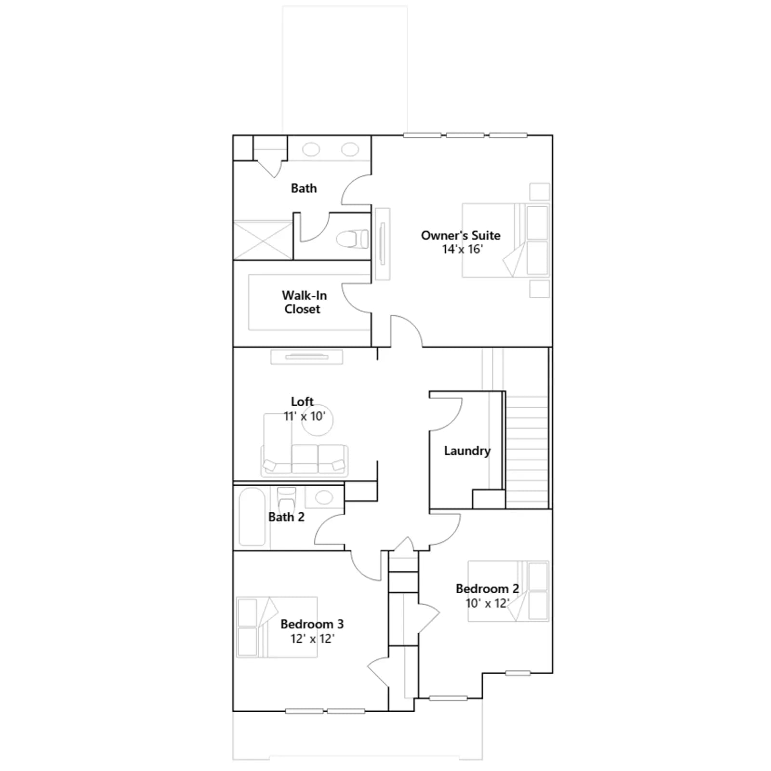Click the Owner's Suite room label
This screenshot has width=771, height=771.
click(x=461, y=235)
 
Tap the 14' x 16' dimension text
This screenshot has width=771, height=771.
click(x=462, y=249)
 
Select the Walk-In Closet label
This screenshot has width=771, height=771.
click(x=304, y=302)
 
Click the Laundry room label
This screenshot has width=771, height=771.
click(x=467, y=451)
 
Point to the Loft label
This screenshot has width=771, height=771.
click(x=302, y=401)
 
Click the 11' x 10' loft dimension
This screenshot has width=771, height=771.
click(x=305, y=416)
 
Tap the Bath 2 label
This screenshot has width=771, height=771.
click(x=286, y=517)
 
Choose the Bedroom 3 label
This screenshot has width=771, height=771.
click(x=312, y=624)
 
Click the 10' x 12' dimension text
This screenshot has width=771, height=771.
click(x=487, y=603)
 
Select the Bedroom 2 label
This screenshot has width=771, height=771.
click(x=487, y=589)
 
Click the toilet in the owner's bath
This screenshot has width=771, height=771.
click(x=352, y=239)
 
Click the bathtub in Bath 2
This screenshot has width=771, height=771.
click(x=252, y=517)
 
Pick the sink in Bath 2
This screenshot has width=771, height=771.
click(x=324, y=497)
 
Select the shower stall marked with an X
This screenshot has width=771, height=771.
click(x=263, y=240)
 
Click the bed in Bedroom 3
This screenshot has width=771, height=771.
click(x=277, y=627)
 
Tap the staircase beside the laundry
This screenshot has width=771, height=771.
click(x=527, y=452)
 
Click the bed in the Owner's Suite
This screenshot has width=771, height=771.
click(x=505, y=240)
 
